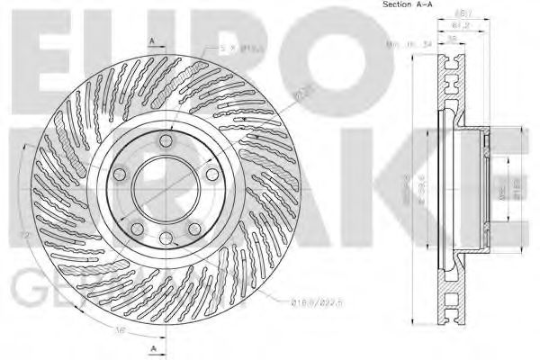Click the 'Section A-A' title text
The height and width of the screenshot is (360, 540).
pyautogui.click(x=406, y=5)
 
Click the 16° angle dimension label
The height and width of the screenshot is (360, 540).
pyautogui.click(x=121, y=330)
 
